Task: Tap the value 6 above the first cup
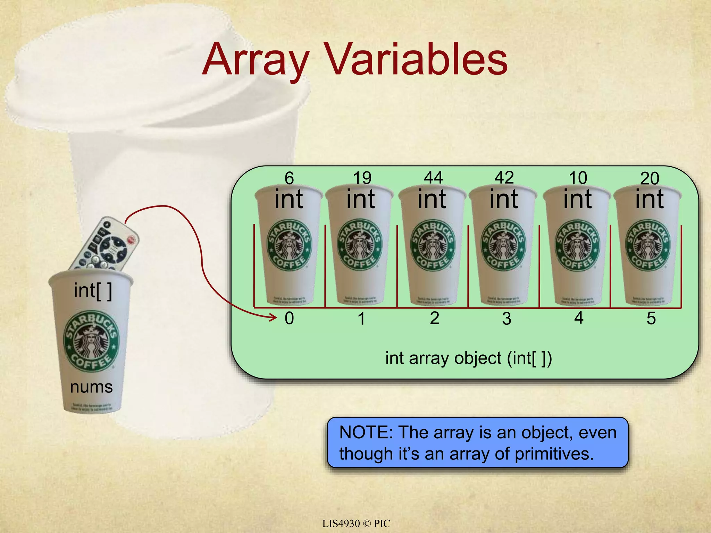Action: click(x=289, y=178)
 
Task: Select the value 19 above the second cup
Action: click(x=362, y=178)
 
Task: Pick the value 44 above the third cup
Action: click(x=433, y=178)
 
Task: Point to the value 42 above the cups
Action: click(x=504, y=178)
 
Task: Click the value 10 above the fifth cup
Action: click(x=578, y=178)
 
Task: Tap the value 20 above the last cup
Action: click(x=650, y=178)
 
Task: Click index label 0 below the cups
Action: click(x=289, y=318)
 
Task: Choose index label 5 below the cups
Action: click(x=651, y=318)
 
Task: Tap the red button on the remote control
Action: click(x=131, y=239)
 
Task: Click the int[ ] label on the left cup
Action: click(x=93, y=291)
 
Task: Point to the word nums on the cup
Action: click(x=91, y=387)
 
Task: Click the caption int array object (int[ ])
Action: click(x=468, y=358)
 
